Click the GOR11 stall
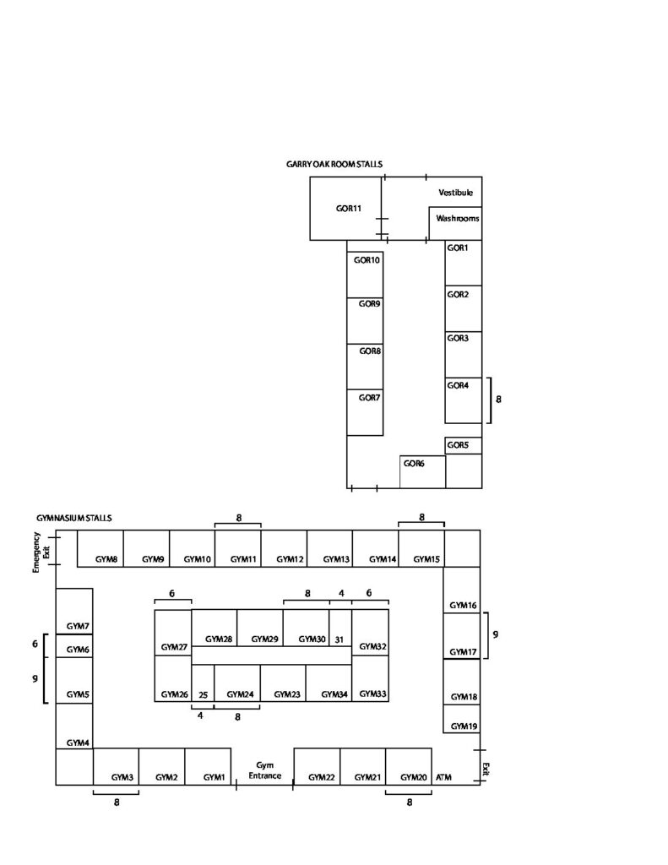[x=345, y=209]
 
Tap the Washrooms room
[x=456, y=223]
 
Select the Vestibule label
[x=456, y=193]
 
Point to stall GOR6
[x=422, y=471]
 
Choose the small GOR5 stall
[x=464, y=445]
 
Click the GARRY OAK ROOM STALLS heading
[x=334, y=165]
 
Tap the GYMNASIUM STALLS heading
[x=74, y=518]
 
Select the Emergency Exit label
[x=41, y=552]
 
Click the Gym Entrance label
[x=265, y=770]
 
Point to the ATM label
[x=443, y=777]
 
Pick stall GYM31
[x=340, y=628]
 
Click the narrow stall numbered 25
[x=203, y=683]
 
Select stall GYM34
[x=329, y=683]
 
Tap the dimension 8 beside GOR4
[x=498, y=399]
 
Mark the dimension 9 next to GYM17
[x=496, y=634]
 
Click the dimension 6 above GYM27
[x=172, y=594]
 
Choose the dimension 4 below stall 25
[x=200, y=715]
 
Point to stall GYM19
[x=462, y=719]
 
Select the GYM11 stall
[x=238, y=548]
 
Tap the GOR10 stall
[x=365, y=275]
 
